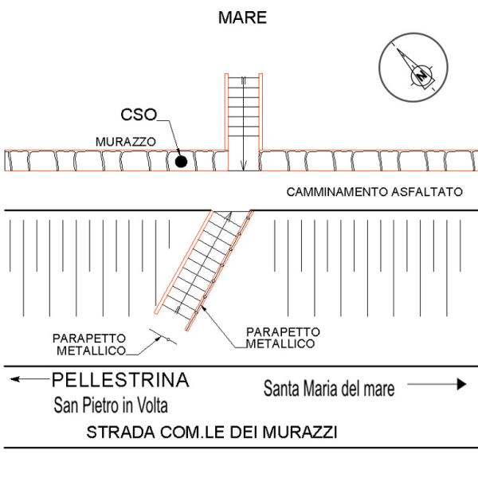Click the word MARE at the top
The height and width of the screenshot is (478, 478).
pyautogui.click(x=242, y=18)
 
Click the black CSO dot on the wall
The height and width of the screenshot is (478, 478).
pyautogui.click(x=182, y=162)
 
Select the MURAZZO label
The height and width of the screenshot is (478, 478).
pyautogui.click(x=125, y=141)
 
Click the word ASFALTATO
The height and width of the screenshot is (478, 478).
pyautogui.click(x=433, y=192)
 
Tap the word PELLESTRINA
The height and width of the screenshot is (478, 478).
pyautogui.click(x=120, y=380)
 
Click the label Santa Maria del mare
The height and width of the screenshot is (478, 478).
pyautogui.click(x=329, y=389)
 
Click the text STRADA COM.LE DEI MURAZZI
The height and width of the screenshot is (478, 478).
pyautogui.click(x=212, y=433)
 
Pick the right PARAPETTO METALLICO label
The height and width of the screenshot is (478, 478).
pyautogui.click(x=283, y=336)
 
